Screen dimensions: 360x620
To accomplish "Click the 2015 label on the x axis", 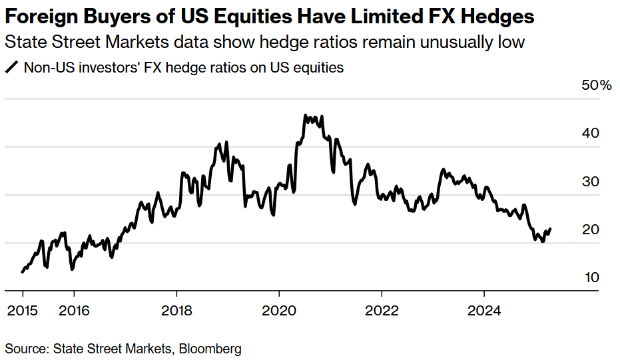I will point(23,310).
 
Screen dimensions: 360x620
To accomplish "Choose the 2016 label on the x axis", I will point(74,310).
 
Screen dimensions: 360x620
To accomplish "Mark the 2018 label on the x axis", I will point(176,310).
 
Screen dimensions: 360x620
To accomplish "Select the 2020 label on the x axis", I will point(279,310).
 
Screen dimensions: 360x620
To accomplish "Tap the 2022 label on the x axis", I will point(382,310).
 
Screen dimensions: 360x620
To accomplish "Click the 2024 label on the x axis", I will point(484,310).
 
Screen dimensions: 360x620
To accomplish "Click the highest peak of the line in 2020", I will point(305,116).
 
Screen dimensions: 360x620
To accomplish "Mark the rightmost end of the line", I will point(550,228).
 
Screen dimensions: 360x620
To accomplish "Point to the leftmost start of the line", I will point(22,271).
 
